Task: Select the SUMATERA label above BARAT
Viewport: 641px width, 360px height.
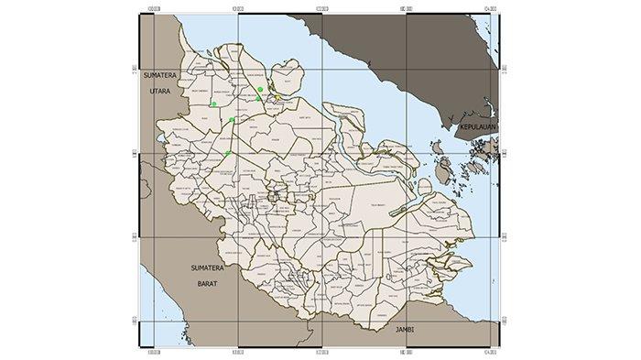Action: [x=207, y=267]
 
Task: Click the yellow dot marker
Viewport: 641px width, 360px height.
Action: [x=277, y=97]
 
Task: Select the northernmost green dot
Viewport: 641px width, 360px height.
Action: [x=261, y=89]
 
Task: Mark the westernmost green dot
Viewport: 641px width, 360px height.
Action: [x=213, y=104]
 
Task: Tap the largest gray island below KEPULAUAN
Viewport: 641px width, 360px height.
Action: [x=446, y=169]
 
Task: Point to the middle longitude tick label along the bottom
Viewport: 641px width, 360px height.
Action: [x=320, y=349]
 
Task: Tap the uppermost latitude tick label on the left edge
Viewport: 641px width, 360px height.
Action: [x=134, y=70]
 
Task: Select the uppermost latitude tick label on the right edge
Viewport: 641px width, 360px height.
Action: [x=502, y=70]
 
